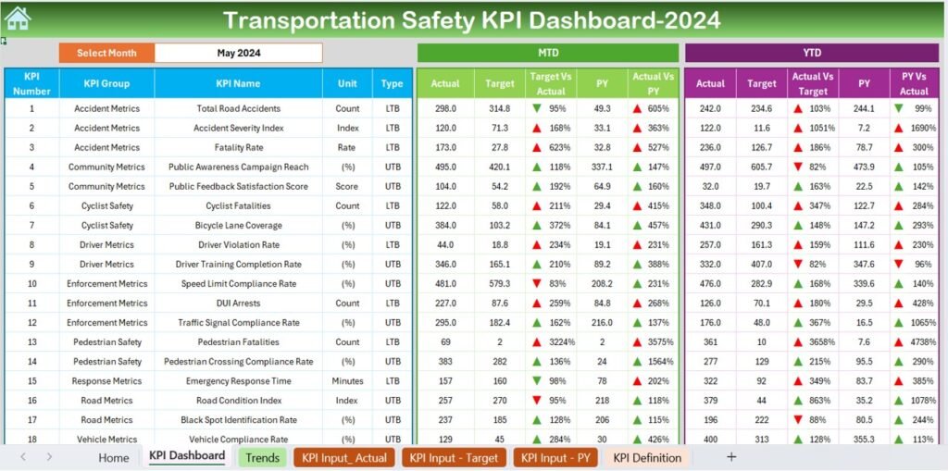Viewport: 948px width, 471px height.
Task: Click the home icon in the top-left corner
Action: [x=17, y=18]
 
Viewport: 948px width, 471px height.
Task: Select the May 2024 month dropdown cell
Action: [x=238, y=53]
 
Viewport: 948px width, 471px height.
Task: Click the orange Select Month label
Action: [x=106, y=53]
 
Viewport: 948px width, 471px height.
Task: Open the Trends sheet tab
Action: [x=262, y=457]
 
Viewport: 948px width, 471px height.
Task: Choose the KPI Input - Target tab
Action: [x=454, y=457]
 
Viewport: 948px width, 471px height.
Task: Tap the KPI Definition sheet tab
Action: [x=647, y=457]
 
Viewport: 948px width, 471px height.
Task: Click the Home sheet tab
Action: [x=114, y=457]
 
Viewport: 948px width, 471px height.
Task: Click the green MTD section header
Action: [x=548, y=53]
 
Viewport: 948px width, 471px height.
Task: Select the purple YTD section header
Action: [x=812, y=53]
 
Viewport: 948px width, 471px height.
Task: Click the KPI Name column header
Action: [x=238, y=83]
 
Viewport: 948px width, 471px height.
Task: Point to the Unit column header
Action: [x=347, y=83]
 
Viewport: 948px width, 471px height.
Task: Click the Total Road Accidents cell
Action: [x=238, y=108]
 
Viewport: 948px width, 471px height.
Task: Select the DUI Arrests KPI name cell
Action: [x=238, y=303]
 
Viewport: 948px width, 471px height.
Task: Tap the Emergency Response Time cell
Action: [x=238, y=381]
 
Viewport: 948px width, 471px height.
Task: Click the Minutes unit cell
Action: [x=347, y=381]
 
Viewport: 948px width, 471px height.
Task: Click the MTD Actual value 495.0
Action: [x=445, y=167]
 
